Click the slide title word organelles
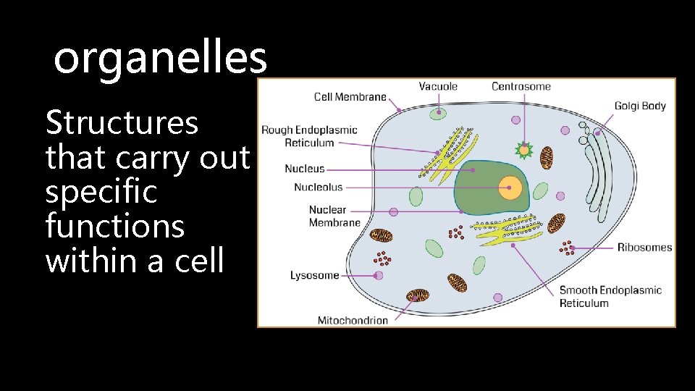160,59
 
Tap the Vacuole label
438,86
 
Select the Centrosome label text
521,86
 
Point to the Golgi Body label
640,106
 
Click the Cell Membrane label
350,96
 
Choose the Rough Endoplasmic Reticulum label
309,136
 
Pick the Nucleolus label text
318,188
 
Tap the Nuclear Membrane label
334,216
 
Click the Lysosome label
314,275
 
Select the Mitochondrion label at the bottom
353,320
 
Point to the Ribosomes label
644,248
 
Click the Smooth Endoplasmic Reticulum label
610,296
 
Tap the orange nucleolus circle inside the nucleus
510,188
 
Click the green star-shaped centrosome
523,151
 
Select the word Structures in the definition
122,123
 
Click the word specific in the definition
101,193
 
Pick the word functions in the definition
114,227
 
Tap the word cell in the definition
199,261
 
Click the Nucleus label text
305,169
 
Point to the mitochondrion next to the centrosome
547,156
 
